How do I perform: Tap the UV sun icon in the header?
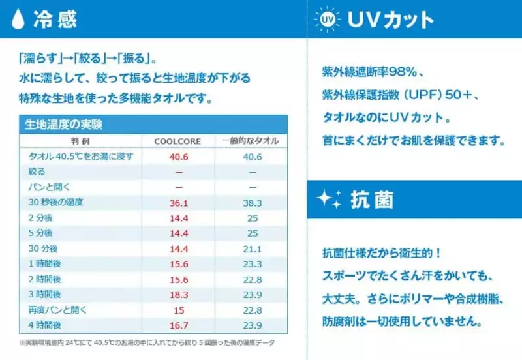pos(327,19)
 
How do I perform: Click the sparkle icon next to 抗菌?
pos(328,200)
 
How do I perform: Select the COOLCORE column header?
pos(177,141)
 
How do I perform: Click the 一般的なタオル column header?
pos(251,141)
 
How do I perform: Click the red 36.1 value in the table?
pos(178,202)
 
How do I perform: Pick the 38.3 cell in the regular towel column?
pos(252,202)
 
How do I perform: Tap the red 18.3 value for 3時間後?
pos(178,294)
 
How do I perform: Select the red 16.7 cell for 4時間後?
pos(178,325)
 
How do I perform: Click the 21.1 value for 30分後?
pos(252,248)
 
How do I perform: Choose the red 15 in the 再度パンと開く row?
pos(178,310)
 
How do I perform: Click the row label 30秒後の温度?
pos(55,202)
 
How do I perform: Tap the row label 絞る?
pos(37,172)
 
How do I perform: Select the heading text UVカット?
pos(390,20)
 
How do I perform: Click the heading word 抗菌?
pos(372,200)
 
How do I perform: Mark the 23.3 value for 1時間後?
pos(252,263)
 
